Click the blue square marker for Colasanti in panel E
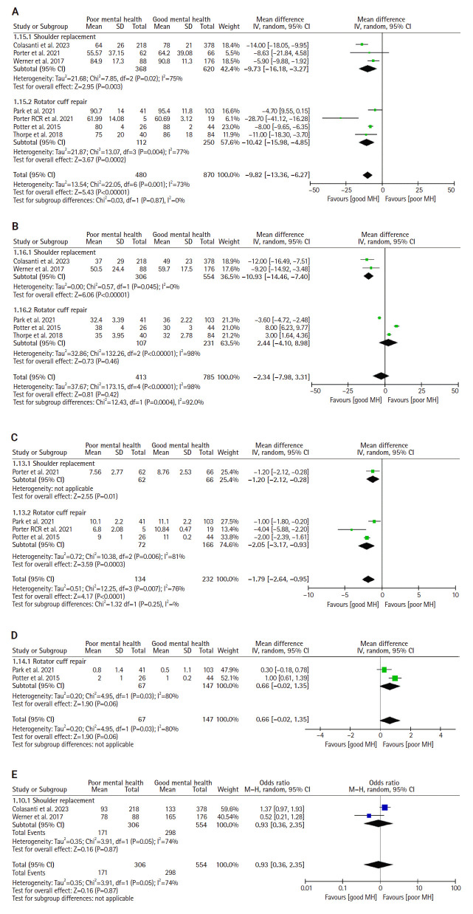384,808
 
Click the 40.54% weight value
225,816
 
